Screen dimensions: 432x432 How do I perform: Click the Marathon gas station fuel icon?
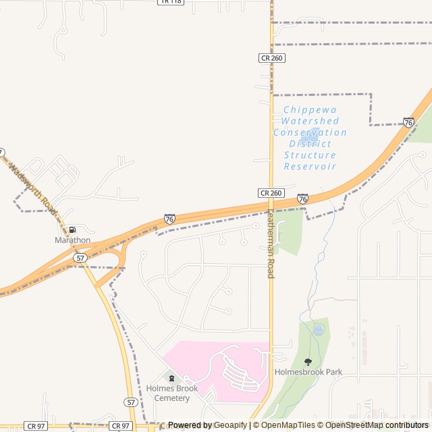tap(72, 230)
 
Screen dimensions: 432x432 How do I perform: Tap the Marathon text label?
tap(72, 240)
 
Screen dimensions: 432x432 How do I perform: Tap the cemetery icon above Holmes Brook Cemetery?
tap(171, 378)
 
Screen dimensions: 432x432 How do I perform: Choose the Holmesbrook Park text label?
tap(308, 372)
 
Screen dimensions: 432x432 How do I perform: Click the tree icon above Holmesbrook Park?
tap(308, 362)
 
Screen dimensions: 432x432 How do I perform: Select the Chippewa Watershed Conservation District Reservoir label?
tap(310, 138)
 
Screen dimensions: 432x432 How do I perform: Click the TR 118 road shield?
tap(171, 2)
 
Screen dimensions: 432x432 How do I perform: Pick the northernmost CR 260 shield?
tap(271, 58)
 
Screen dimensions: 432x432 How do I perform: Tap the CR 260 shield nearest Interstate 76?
tap(271, 193)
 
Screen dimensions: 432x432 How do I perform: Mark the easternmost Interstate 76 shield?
tap(408, 122)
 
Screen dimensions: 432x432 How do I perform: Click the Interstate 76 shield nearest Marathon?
tap(169, 219)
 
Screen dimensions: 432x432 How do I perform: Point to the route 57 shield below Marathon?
tap(80, 258)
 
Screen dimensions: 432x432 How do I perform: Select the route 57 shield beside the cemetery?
tap(131, 402)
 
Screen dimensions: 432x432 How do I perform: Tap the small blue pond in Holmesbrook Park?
tap(318, 329)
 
